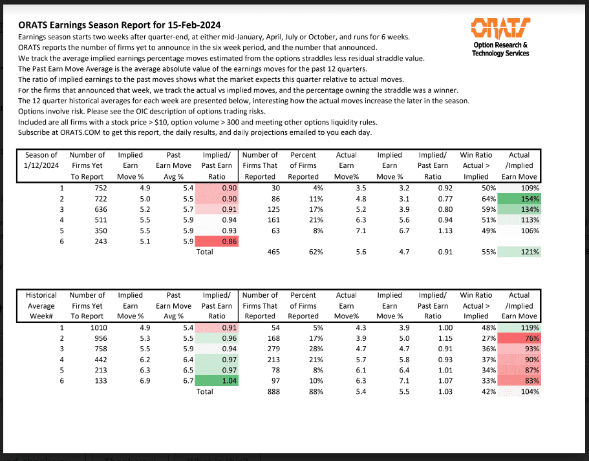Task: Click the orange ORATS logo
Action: pos(500,28)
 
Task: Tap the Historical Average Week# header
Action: pos(41,305)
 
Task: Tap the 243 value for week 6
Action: pos(93,240)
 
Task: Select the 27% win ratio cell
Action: pos(479,338)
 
